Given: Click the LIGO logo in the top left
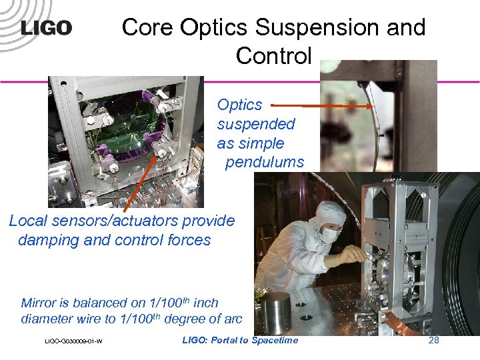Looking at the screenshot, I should pyautogui.click(x=46, y=27).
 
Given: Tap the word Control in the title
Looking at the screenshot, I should pyautogui.click(x=273, y=55).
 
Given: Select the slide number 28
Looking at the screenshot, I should pyautogui.click(x=433, y=341).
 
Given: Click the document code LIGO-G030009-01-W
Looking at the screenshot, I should pyautogui.click(x=73, y=342).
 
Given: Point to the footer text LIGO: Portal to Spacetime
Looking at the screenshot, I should pyautogui.click(x=240, y=341).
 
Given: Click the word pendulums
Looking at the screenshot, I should pyautogui.click(x=264, y=162).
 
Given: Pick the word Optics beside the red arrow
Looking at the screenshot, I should pyautogui.click(x=239, y=105).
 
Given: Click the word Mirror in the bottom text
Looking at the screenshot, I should pyautogui.click(x=41, y=303).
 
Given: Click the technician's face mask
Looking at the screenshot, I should pyautogui.click(x=329, y=234).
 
